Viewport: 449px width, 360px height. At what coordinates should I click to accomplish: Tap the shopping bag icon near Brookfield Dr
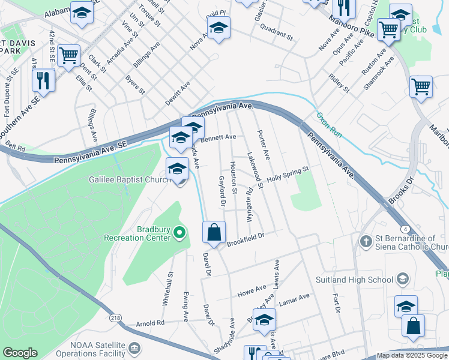(214, 232)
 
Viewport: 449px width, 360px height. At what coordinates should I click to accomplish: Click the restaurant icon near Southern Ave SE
(43, 80)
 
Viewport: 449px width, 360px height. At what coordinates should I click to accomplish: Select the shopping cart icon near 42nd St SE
(69, 56)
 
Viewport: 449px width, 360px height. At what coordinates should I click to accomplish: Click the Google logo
(20, 353)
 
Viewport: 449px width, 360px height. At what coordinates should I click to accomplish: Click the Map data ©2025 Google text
(411, 355)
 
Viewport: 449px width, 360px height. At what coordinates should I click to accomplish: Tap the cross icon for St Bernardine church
(364, 241)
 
